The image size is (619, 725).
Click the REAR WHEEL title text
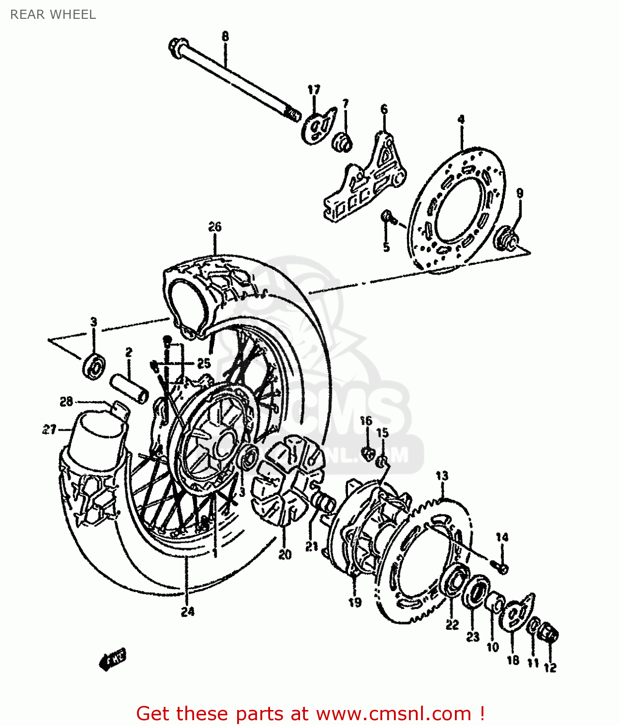[x=53, y=14]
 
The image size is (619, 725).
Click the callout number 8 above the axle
[x=225, y=36]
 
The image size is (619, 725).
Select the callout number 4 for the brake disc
[x=461, y=119]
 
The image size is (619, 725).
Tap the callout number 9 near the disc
[x=519, y=193]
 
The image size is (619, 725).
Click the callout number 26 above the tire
[x=215, y=227]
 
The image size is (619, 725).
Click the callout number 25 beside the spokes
[x=204, y=363]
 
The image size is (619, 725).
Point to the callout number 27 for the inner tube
[x=49, y=429]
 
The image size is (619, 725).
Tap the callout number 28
[x=66, y=401]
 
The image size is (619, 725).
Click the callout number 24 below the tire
[x=188, y=611]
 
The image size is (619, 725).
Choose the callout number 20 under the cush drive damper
[x=285, y=555]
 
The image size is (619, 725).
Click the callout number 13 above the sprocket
[x=441, y=476]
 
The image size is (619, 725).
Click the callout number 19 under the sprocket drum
[x=355, y=602]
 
